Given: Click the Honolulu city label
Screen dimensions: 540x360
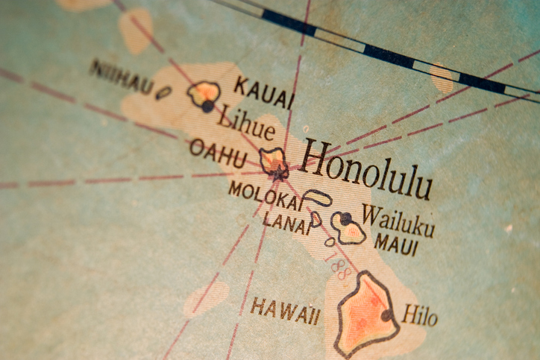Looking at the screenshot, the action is coord(366,170).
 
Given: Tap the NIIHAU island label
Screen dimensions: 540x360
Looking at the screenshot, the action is coord(122,77).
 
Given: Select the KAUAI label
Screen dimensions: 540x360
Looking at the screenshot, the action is coord(263,92).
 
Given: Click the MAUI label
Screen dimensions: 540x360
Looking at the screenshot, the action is coord(396,244).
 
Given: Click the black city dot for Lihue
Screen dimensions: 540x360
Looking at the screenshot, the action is coord(207,107).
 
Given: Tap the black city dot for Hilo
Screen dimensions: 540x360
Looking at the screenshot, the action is coord(386,315).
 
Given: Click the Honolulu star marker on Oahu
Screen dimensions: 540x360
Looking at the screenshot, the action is coord(278,173).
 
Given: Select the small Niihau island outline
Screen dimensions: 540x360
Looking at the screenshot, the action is coord(163,92).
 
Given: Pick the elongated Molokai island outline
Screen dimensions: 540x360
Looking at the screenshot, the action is coord(318,198).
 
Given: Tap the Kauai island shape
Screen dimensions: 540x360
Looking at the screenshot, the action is coord(203,94).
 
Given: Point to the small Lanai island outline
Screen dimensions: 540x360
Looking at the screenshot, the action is coord(316,218).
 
